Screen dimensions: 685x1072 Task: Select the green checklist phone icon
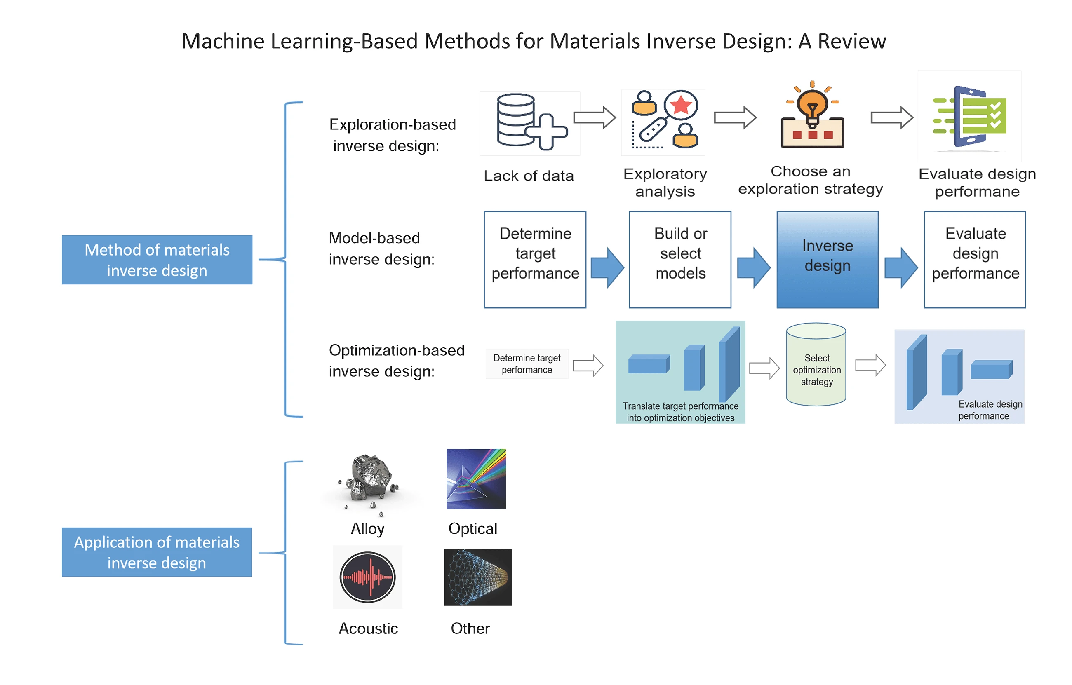click(x=971, y=117)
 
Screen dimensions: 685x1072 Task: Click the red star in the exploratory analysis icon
click(x=681, y=106)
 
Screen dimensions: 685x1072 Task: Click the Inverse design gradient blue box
click(x=827, y=260)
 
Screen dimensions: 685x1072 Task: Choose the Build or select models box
click(x=680, y=260)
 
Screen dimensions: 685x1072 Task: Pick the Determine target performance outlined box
click(x=535, y=260)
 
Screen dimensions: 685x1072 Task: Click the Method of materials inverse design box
click(x=157, y=260)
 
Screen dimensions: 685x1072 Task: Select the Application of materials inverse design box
click(x=157, y=552)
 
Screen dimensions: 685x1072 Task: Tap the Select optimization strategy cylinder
click(x=816, y=365)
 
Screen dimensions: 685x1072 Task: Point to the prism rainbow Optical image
click(x=476, y=479)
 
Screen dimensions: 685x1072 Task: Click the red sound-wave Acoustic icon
click(x=367, y=577)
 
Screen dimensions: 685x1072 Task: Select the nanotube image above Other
click(x=478, y=577)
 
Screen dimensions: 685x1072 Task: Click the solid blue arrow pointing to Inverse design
click(x=753, y=268)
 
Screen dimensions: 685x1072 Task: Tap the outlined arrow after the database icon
click(x=594, y=117)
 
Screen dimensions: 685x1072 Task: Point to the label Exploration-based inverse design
click(x=392, y=135)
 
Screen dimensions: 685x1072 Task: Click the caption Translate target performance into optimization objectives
click(x=680, y=412)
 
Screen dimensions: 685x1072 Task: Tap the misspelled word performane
click(x=977, y=192)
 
